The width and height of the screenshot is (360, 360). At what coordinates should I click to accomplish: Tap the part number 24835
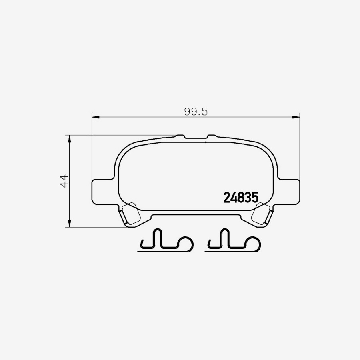pyautogui.click(x=240, y=197)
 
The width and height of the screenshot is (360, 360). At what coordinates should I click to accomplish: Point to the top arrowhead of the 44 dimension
pyautogui.click(x=70, y=138)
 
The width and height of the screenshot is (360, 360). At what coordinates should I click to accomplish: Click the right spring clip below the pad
pyautogui.click(x=232, y=243)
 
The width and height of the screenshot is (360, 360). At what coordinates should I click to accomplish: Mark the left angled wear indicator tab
pyautogui.click(x=130, y=214)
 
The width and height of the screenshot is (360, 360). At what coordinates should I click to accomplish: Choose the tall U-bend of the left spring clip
pyautogui.click(x=157, y=238)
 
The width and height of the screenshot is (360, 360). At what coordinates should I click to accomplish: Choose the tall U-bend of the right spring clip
pyautogui.click(x=224, y=238)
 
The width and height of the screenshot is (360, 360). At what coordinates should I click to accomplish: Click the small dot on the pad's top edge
pyautogui.click(x=205, y=141)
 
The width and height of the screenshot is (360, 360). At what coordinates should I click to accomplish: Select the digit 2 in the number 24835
pyautogui.click(x=227, y=197)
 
